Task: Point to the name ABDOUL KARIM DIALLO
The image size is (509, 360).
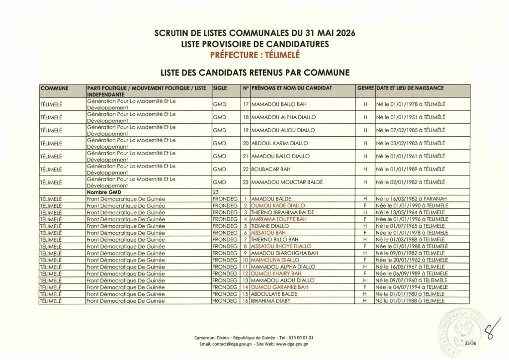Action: tap(280, 143)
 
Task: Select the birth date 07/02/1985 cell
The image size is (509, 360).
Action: tap(410, 130)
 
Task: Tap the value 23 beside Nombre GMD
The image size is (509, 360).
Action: tap(216, 191)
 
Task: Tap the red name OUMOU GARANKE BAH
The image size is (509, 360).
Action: tap(276, 287)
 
